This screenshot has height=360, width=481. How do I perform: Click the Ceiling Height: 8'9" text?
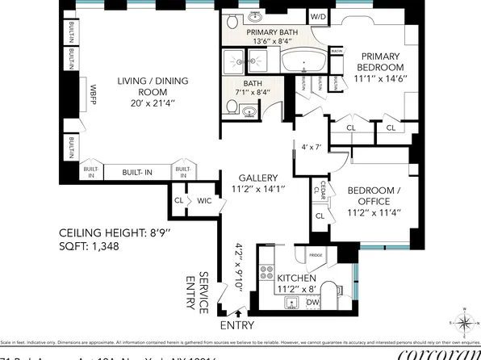click(115, 233)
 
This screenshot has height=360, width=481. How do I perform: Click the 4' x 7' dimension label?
click(311, 148)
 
